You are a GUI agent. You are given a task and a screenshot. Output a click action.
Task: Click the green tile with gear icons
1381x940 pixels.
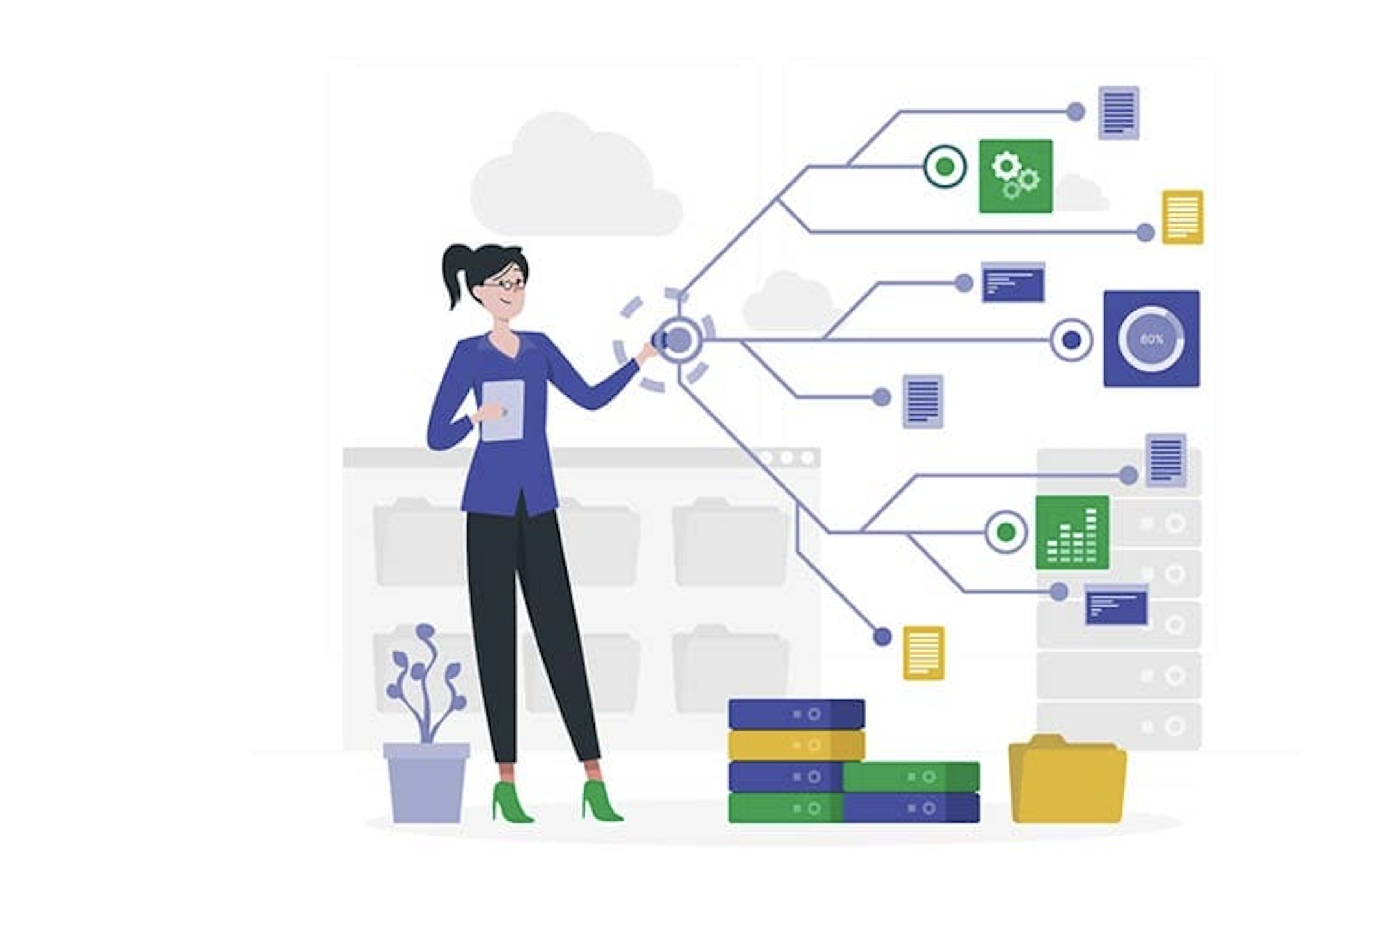[1015, 176]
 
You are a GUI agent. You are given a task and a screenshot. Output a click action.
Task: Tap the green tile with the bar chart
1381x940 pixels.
[1072, 532]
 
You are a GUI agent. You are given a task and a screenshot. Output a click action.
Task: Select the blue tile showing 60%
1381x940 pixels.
[1151, 338]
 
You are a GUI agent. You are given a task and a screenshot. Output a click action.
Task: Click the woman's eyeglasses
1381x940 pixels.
[505, 284]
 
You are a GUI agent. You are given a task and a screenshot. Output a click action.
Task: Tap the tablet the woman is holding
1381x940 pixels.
[503, 410]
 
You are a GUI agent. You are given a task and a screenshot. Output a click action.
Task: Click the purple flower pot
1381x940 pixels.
[426, 782]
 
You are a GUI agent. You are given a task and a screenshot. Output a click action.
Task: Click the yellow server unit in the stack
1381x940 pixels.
[796, 746]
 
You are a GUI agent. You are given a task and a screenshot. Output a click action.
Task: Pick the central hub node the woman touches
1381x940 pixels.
[678, 340]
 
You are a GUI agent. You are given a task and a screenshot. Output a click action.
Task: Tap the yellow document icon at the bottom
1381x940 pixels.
[923, 653]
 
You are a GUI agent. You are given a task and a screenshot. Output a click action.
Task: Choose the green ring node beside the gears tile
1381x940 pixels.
[945, 167]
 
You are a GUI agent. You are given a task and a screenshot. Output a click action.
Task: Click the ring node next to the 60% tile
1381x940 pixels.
[1071, 340]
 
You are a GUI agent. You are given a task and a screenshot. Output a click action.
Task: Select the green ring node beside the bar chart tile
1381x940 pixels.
[1006, 532]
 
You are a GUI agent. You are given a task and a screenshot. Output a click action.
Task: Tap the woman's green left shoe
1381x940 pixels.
[510, 803]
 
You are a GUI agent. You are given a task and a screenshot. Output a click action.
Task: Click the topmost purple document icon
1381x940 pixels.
[1118, 113]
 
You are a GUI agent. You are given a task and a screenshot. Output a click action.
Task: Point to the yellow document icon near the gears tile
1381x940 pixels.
[1182, 217]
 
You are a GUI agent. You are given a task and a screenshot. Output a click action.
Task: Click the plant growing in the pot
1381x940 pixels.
[425, 681]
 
